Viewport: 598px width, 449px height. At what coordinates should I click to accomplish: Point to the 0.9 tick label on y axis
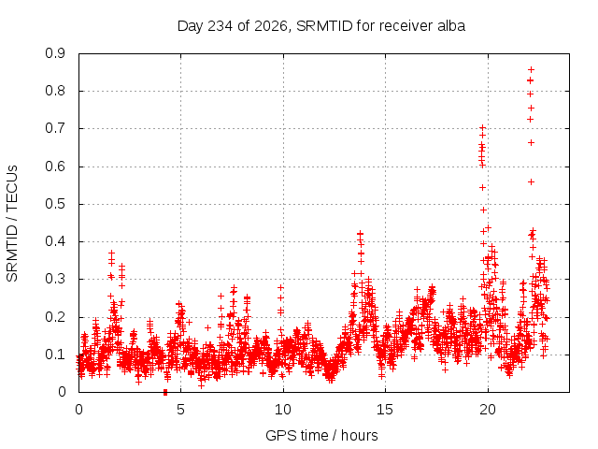click(x=55, y=53)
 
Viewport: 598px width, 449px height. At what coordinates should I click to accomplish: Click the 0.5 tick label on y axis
click(x=55, y=204)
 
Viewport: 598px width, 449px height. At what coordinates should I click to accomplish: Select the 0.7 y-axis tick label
click(x=55, y=129)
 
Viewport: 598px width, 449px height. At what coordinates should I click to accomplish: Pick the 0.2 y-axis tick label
click(x=55, y=317)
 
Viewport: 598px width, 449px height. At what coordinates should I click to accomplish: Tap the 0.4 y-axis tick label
click(x=55, y=241)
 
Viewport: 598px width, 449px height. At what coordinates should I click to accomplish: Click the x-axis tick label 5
click(x=180, y=410)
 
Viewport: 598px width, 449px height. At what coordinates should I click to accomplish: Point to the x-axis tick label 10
click(x=283, y=410)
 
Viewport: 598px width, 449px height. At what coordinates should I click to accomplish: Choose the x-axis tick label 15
click(x=385, y=410)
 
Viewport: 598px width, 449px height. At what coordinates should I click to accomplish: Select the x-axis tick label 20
click(x=488, y=410)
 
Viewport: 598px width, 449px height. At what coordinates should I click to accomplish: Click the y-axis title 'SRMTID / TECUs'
click(x=12, y=224)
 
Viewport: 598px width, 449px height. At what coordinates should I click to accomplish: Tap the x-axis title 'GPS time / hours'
click(x=321, y=436)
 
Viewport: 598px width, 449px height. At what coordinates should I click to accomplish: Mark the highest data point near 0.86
click(x=531, y=69)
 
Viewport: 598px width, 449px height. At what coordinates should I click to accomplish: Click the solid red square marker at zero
click(x=165, y=392)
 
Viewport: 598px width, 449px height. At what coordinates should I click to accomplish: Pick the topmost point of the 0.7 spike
click(x=482, y=127)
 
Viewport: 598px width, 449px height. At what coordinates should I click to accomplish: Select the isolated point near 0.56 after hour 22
click(x=531, y=182)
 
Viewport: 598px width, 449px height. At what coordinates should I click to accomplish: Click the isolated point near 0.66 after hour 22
click(x=531, y=143)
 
